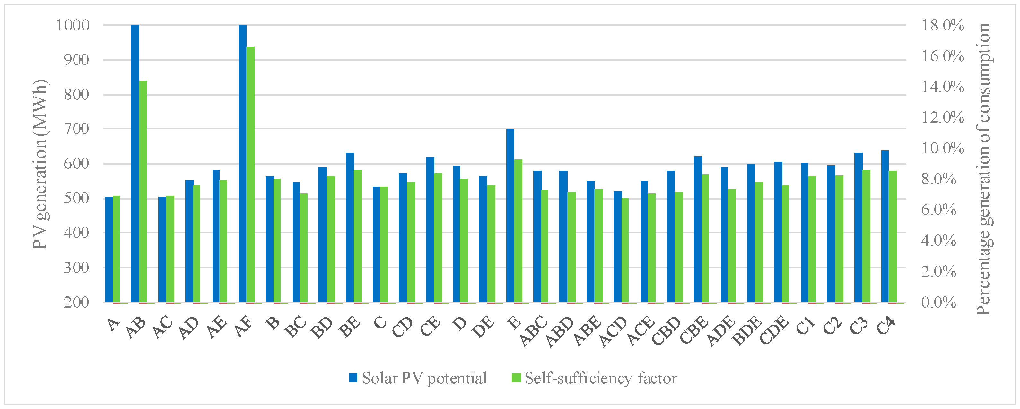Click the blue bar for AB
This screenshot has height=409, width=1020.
coord(135,163)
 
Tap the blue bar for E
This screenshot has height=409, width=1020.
coord(510,216)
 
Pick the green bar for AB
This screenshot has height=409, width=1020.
coord(143,192)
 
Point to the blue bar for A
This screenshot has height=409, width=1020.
coord(109,249)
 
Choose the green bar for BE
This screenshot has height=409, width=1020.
coord(358,236)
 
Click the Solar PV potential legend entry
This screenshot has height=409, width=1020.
coord(418,378)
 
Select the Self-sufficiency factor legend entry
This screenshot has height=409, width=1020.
coord(594,378)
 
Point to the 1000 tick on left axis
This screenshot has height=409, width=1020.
coord(73,25)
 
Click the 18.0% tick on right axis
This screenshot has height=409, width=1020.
coord(942,25)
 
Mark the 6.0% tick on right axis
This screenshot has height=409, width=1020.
coord(938,210)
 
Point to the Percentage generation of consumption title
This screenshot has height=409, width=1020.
coord(984,169)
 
